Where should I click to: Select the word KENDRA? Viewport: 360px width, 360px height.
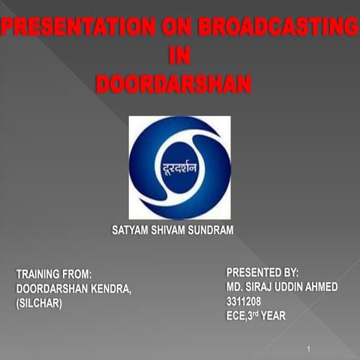(110, 289)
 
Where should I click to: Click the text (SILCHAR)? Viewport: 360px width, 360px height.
(39, 303)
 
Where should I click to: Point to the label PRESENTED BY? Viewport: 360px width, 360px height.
(262, 272)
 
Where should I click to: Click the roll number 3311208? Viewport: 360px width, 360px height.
(244, 301)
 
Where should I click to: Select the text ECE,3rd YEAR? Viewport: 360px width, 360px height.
(256, 316)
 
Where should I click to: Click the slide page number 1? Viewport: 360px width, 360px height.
(308, 349)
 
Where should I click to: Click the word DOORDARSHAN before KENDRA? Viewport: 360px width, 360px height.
(51, 289)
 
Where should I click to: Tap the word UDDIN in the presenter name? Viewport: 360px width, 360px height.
(294, 286)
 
